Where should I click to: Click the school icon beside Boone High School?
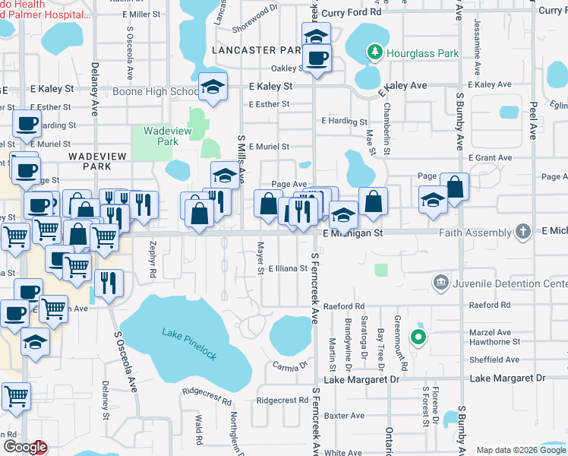click(213, 88)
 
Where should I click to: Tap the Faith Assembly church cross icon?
click(522, 232)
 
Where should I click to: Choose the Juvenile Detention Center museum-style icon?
click(440, 283)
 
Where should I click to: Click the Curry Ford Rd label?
click(350, 13)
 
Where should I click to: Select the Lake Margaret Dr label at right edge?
click(507, 378)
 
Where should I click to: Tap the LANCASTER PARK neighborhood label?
click(257, 49)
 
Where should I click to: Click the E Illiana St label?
click(288, 268)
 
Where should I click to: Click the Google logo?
click(24, 447)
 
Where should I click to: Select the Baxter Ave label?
click(344, 416)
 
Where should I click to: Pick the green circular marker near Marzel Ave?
click(417, 337)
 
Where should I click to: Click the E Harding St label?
click(344, 121)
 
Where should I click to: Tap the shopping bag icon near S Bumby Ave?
click(454, 187)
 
